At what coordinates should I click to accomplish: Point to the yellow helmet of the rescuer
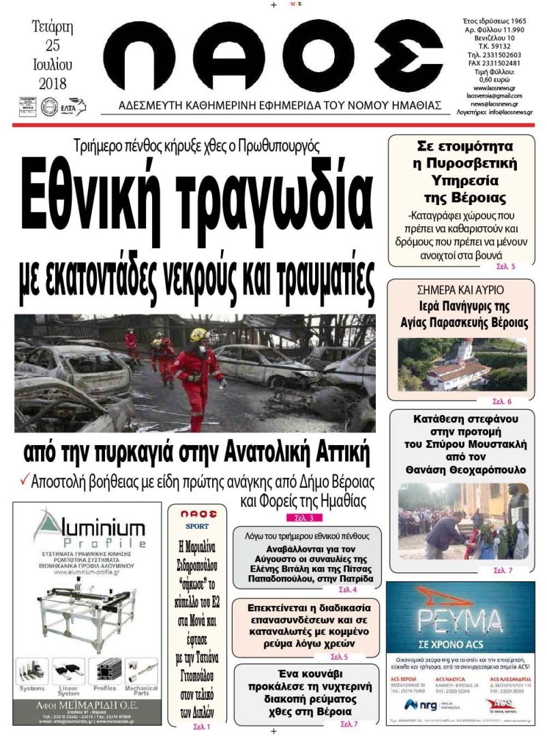[x=198, y=335]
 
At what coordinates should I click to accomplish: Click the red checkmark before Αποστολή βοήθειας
[x=24, y=480]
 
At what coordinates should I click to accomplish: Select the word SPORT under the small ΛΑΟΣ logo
[x=197, y=526]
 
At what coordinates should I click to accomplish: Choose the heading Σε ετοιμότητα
[x=464, y=145]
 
